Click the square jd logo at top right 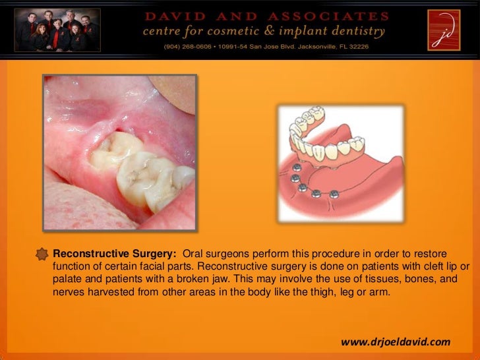pos(445,30)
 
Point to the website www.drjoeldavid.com pos(396,342)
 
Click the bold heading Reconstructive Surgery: pos(115,255)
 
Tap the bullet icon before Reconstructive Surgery pos(43,254)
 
